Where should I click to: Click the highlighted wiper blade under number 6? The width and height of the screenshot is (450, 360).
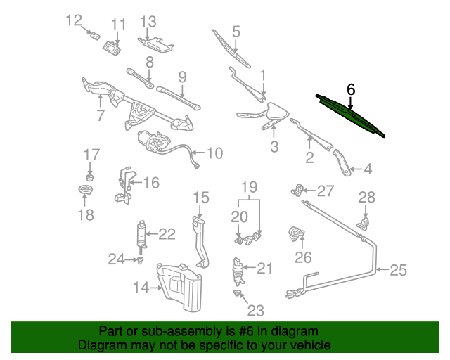point(352,116)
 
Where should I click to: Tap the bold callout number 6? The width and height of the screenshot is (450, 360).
point(352,90)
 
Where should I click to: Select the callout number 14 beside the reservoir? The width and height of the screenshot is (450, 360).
point(141,287)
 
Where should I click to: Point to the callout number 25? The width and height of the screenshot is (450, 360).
point(399,269)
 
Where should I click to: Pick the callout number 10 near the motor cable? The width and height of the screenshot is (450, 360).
point(214,153)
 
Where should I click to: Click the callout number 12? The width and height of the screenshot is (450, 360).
point(74,20)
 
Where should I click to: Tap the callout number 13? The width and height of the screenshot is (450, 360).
point(148,22)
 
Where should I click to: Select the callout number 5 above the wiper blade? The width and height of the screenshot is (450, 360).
point(236,31)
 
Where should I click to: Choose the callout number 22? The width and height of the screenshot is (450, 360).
point(166,234)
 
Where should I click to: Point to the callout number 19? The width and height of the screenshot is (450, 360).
point(250,187)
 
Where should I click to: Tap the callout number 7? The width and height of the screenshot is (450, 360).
point(101,114)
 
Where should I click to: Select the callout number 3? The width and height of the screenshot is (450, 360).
point(274,146)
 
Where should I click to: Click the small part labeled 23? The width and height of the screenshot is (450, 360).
point(238,292)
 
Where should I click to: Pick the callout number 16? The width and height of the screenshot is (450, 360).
point(152,183)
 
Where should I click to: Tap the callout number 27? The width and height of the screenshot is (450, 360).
point(325,191)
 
